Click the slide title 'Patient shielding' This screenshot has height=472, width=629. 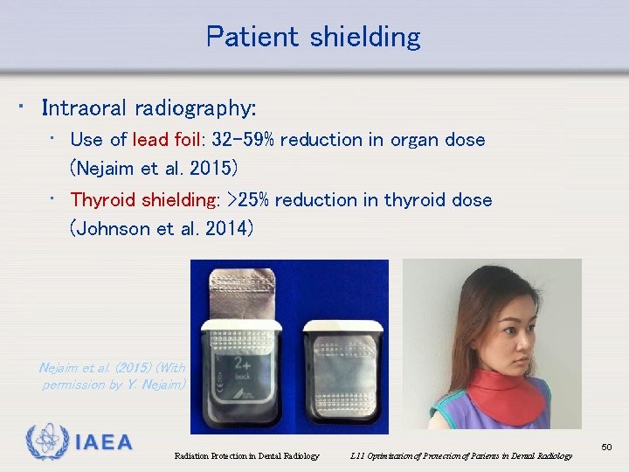coord(313,37)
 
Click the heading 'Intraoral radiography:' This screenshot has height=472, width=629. coord(149,108)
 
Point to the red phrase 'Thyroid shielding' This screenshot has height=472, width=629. coord(142,199)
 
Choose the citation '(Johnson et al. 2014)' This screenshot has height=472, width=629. coord(162,230)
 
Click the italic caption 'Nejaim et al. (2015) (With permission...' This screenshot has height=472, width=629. coord(113,376)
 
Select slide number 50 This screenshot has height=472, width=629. coord(607,448)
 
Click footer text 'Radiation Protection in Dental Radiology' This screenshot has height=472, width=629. coord(246,455)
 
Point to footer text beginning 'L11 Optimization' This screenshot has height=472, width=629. coord(460,455)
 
